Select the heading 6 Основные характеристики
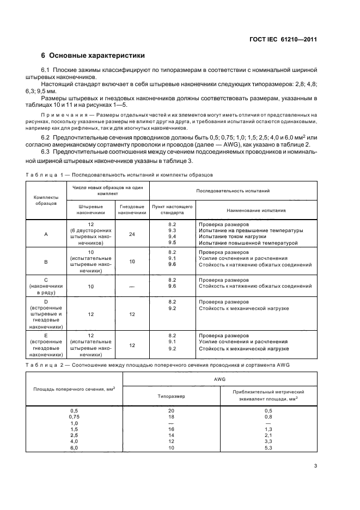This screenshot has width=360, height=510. [x=93, y=56]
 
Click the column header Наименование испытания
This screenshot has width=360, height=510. [x=256, y=210]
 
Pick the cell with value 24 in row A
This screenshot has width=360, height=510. [x=132, y=234]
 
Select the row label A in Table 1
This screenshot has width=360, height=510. [x=46, y=234]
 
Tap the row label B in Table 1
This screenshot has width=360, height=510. [x=46, y=262]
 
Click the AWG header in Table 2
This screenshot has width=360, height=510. [x=219, y=377]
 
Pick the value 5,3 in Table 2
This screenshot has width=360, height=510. [x=268, y=447]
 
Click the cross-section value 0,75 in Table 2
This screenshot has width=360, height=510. [x=75, y=416]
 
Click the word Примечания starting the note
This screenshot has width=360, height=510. [x=64, y=115]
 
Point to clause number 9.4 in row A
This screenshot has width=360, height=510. [x=172, y=236]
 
